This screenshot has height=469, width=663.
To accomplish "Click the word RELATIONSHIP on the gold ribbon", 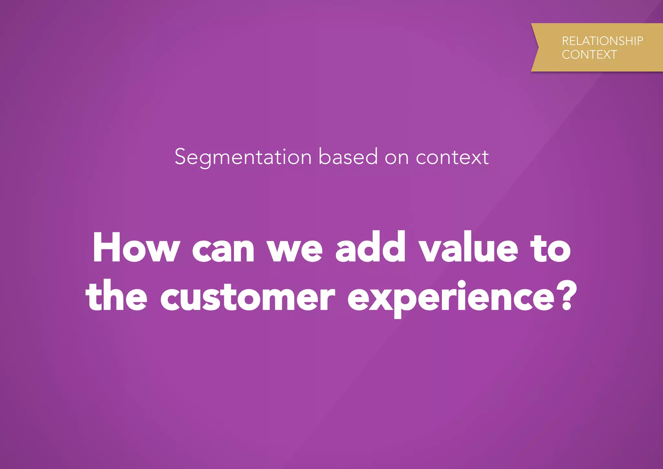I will click(x=602, y=41).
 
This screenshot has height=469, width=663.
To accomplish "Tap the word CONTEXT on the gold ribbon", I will click(x=589, y=55).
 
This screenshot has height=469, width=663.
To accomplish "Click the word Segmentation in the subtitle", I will click(x=243, y=157).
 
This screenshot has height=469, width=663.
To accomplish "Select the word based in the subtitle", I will click(x=348, y=157).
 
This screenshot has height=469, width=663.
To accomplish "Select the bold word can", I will click(x=223, y=251).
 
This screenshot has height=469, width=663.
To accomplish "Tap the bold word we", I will click(x=295, y=251).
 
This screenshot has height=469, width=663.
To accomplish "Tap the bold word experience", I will click(x=452, y=298).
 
